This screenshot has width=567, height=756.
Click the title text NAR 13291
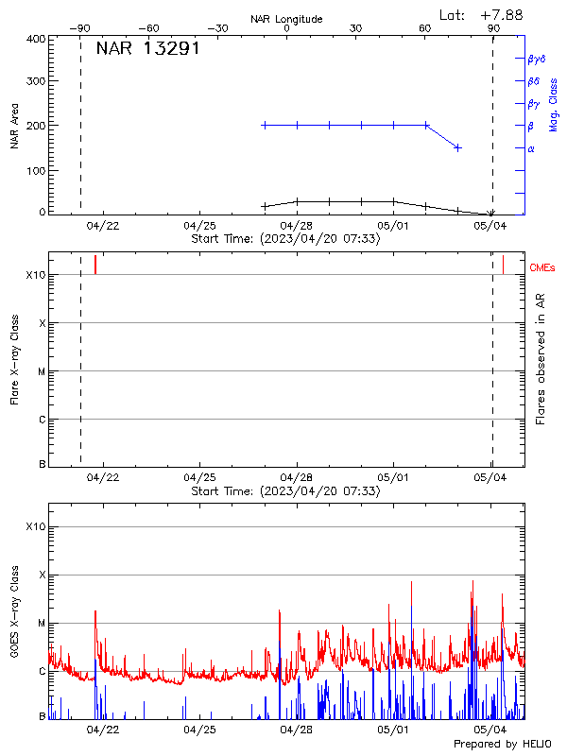click(x=147, y=49)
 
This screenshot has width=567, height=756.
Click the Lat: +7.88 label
click(x=482, y=14)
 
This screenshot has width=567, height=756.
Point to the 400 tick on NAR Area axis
click(x=36, y=39)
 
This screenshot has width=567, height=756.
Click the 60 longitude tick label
click(x=425, y=28)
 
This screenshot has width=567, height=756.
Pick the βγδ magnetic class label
click(x=537, y=59)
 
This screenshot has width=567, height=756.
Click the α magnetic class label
click(x=531, y=148)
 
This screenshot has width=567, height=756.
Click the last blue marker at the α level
click(x=458, y=147)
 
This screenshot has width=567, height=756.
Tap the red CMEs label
click(x=542, y=268)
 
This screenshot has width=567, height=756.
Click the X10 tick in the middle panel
click(x=35, y=275)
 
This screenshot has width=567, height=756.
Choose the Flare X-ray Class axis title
click(x=14, y=357)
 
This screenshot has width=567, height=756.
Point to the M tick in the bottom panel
click(x=42, y=624)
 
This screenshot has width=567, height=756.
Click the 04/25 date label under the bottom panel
click(x=199, y=730)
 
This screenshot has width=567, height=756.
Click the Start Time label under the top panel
click(x=285, y=239)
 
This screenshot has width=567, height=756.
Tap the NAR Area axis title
click(x=14, y=126)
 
